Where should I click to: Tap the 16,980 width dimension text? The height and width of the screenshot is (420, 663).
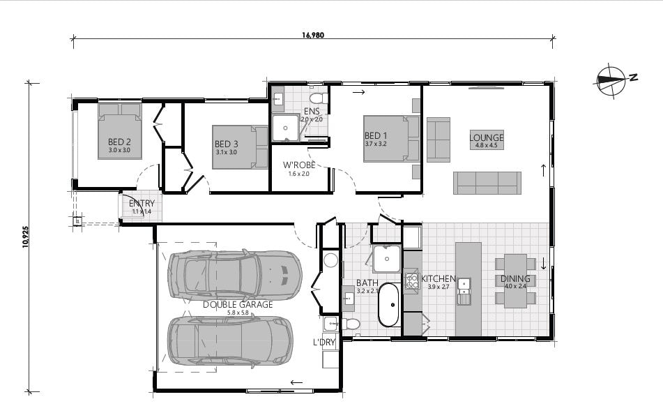(x=313, y=34)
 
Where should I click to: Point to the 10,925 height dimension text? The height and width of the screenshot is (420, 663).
(x=26, y=237)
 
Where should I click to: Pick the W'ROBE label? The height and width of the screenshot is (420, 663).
(x=298, y=165)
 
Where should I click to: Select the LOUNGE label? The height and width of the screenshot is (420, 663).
(x=486, y=137)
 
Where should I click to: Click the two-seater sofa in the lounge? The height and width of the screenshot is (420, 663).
(x=439, y=140)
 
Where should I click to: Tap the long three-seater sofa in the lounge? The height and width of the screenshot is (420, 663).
(x=487, y=183)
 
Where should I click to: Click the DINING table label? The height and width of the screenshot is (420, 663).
(x=515, y=279)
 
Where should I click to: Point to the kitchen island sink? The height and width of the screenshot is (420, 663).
(x=464, y=291)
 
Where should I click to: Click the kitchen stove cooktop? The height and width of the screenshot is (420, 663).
(x=411, y=281)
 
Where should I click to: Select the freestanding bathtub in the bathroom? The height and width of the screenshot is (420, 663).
(x=388, y=305)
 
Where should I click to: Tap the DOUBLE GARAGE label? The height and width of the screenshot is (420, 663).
(x=237, y=305)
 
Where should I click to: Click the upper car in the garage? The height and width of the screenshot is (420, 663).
(x=234, y=273)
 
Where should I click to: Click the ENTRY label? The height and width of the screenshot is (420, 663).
(x=142, y=204)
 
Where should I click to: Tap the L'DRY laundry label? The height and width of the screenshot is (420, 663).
(x=324, y=343)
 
